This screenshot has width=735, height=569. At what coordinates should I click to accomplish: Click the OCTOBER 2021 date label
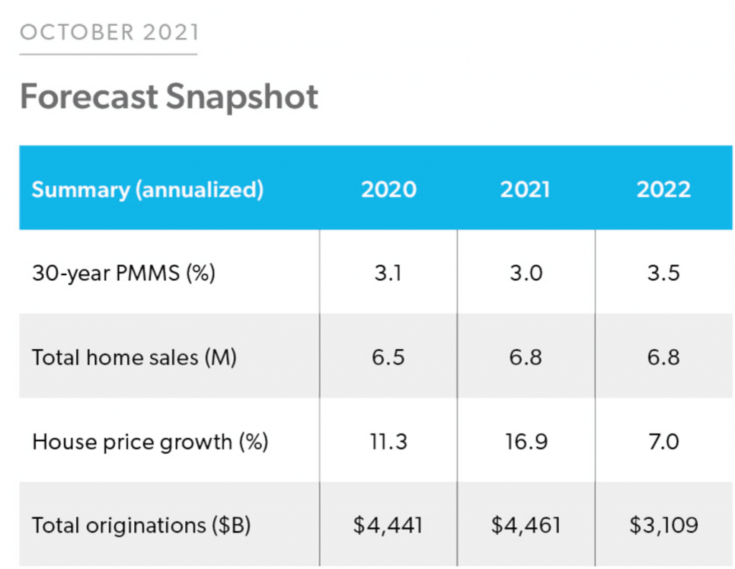(x=109, y=32)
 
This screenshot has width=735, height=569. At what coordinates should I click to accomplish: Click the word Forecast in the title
(x=90, y=96)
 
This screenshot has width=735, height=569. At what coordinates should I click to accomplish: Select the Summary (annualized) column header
(x=147, y=190)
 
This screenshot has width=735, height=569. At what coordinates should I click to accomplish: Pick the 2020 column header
(x=388, y=190)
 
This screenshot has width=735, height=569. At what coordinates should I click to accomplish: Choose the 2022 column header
(x=663, y=190)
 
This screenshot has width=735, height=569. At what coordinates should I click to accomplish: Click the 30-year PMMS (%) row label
(x=123, y=273)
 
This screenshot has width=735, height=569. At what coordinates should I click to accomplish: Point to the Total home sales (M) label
(x=134, y=357)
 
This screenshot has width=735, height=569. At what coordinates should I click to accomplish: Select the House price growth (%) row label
(x=150, y=441)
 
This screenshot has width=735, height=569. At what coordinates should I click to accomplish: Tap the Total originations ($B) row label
(x=141, y=525)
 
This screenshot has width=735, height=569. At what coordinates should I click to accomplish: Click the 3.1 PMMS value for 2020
(x=388, y=273)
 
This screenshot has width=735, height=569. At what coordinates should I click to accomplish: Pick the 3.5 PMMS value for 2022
(x=663, y=273)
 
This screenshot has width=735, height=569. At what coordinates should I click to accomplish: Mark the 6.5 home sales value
(x=388, y=357)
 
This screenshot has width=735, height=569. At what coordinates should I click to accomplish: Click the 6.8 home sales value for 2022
(x=663, y=357)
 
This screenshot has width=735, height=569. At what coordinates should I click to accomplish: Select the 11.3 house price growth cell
(x=388, y=441)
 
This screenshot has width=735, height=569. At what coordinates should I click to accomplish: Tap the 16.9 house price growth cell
(x=525, y=441)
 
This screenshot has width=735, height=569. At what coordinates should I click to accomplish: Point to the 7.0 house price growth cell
(x=663, y=441)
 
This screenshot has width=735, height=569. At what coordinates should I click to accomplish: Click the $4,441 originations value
(x=388, y=525)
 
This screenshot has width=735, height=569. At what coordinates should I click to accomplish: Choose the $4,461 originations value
(x=525, y=525)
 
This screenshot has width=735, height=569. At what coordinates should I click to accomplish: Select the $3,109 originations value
(x=663, y=525)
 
